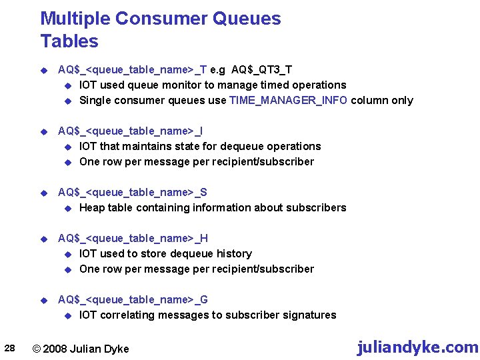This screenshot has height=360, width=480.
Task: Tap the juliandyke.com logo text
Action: pos(417,347)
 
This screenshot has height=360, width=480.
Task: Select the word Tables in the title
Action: pos(69,41)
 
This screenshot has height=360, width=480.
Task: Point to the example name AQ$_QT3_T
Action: pos(262,69)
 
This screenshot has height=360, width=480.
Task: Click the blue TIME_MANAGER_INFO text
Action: pos(288,101)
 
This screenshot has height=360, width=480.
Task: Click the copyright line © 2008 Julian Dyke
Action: pos(81,349)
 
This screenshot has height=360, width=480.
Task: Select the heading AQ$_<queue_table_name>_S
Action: pos(133,192)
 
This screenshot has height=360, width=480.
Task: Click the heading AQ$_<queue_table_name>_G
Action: pos(133,299)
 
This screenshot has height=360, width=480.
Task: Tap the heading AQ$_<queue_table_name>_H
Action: pos(133,238)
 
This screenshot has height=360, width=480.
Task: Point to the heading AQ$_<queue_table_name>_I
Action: pos(131,131)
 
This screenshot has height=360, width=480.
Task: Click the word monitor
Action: pos(189,85)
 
